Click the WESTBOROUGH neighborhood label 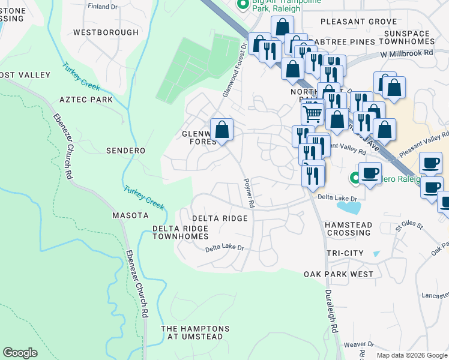[106, 32]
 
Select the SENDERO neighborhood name [125, 151]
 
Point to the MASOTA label [130, 215]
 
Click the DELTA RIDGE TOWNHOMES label [180, 233]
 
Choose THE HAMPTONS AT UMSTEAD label [195, 334]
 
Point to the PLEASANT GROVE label [358, 22]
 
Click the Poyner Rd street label [249, 193]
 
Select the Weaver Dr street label [358, 345]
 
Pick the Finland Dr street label [103, 7]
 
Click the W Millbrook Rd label [406, 53]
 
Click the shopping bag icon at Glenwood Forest [221, 130]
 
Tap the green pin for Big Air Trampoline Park [243, 5]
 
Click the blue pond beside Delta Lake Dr [349, 208]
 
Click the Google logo [20, 353]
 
